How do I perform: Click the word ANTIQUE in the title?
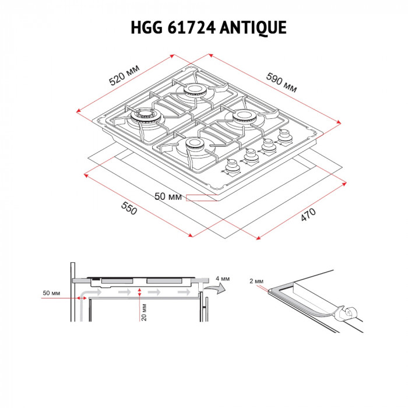click(254, 27)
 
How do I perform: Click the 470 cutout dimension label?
click(308, 214)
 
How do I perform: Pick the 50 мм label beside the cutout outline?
click(168, 197)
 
